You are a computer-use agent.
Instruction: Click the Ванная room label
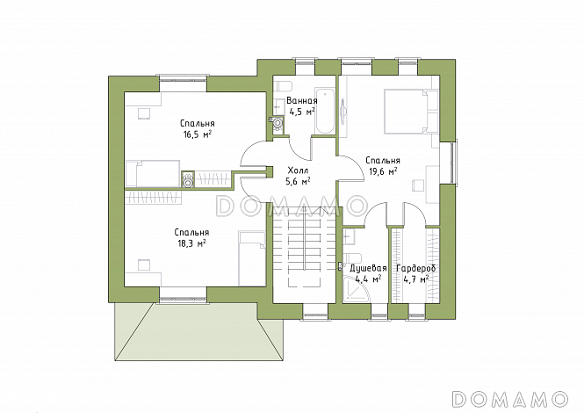pos(302,101)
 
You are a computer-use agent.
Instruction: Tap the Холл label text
pos(298,170)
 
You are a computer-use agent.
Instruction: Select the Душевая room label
pos(368,268)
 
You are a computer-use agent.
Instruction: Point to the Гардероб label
pos(416,268)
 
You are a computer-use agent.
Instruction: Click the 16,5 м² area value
pos(197,134)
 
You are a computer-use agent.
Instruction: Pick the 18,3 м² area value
pos(191,243)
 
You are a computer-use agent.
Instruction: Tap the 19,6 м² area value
pos(383,171)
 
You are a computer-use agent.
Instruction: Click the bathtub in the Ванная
pos(325,111)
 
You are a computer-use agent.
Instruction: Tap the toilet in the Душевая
pos(353,257)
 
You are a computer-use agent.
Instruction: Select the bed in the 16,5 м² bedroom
pos(153,174)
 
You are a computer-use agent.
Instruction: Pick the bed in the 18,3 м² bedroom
pos(252,258)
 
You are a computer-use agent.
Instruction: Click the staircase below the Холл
pos(305,248)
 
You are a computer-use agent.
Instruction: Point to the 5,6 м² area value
pos(298,182)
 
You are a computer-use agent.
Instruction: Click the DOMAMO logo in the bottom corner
pos(510,398)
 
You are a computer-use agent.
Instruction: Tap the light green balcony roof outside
pos(199,331)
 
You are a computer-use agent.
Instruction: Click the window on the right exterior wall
pos(453,163)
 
